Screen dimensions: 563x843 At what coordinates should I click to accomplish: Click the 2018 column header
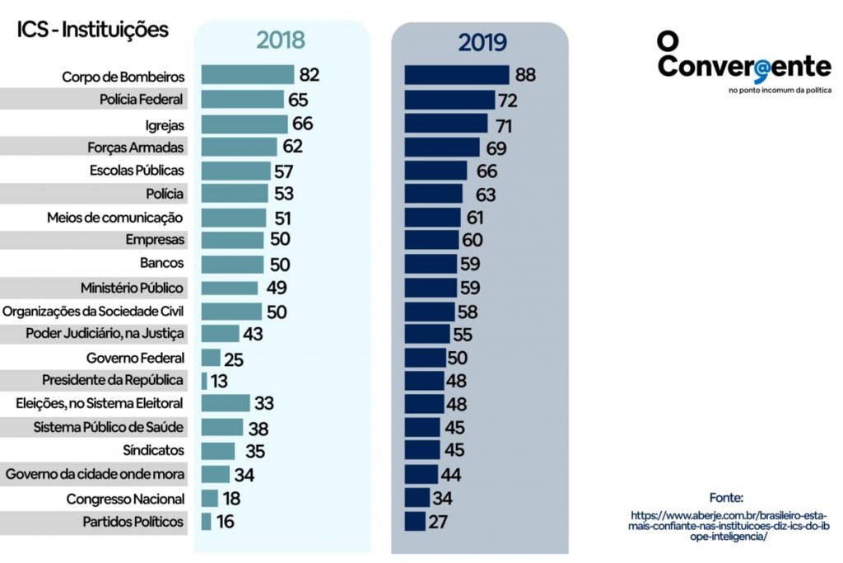tap(280, 40)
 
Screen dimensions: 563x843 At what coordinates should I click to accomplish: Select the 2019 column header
tap(482, 42)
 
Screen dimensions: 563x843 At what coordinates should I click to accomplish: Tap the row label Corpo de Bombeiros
tap(123, 77)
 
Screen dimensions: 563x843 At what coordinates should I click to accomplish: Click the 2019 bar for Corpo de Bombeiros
tap(457, 75)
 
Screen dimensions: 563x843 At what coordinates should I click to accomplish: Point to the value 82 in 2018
tap(309, 75)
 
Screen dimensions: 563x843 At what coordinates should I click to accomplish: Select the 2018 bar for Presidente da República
tap(204, 381)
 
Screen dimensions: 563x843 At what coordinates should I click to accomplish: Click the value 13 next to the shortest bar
tap(218, 381)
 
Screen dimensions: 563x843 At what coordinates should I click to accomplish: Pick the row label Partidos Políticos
tap(133, 522)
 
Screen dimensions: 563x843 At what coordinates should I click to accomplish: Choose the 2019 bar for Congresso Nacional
tap(417, 498)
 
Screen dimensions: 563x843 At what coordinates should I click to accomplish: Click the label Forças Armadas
tap(135, 148)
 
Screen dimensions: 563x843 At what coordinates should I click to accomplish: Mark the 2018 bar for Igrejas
tap(245, 124)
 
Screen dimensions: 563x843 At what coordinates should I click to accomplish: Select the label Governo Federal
tap(135, 358)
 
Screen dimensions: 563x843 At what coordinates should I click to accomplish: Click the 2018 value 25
tap(234, 359)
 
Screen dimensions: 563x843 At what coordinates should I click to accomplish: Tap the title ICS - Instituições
tap(92, 30)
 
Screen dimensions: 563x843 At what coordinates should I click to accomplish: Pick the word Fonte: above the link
tap(726, 498)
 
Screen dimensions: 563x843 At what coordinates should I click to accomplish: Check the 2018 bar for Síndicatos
tap(218, 451)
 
